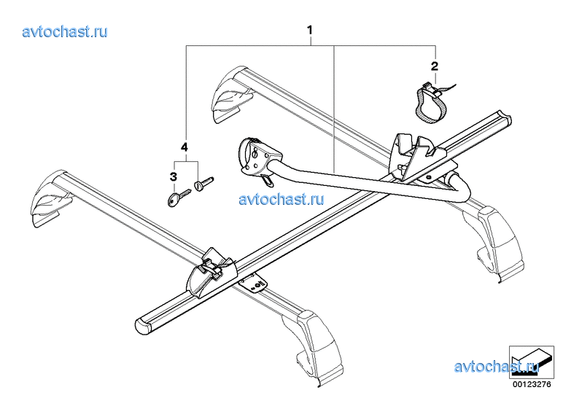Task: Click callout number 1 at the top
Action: tap(309, 30)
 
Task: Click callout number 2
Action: tap(435, 66)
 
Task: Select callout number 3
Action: tap(174, 176)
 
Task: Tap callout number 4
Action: tap(185, 147)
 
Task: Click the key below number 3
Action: tap(179, 198)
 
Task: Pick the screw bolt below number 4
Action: tap(203, 183)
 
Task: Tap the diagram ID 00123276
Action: tap(532, 384)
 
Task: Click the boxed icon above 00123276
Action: tap(532, 362)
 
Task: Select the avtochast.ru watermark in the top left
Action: tap(65, 31)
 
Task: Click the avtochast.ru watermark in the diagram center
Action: tap(281, 199)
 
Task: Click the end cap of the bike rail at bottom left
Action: tap(142, 326)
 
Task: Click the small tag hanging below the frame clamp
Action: tap(267, 180)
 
